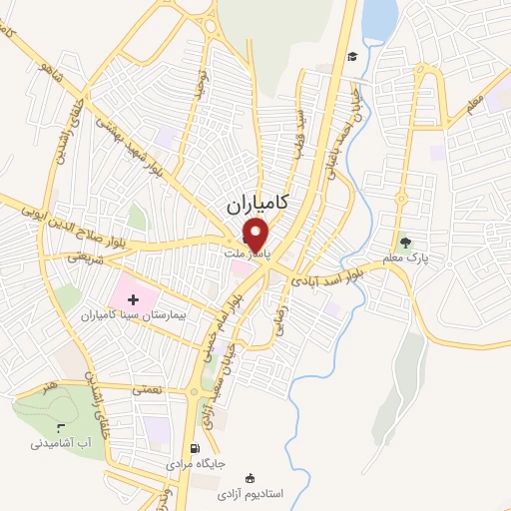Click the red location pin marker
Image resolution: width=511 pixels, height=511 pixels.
[256, 236]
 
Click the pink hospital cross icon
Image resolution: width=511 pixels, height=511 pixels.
[134, 298]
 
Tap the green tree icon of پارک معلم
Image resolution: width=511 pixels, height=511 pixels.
[404, 242]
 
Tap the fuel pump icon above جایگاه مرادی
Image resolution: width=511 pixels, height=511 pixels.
[195, 448]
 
